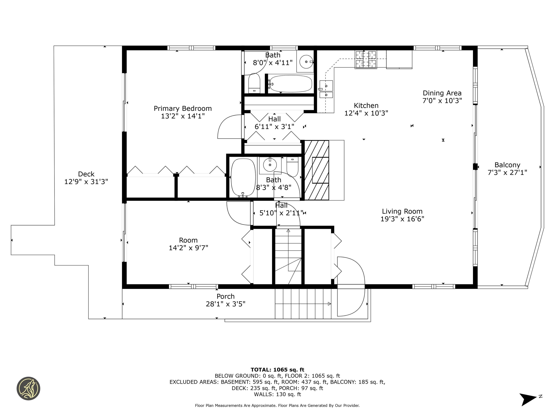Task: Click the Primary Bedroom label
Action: point(183,109)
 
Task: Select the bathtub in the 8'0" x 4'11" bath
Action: point(291,84)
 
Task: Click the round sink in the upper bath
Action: point(306,62)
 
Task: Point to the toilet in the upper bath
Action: point(254,83)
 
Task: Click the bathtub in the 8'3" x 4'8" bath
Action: point(243,177)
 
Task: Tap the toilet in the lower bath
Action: point(292,166)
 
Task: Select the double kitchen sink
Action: point(326,89)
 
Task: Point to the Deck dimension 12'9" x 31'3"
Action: point(86,182)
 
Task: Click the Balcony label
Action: point(507,165)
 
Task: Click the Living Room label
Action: point(402,211)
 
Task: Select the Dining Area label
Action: point(442,93)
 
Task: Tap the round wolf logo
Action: point(28,388)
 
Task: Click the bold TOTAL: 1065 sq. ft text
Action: point(277,370)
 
